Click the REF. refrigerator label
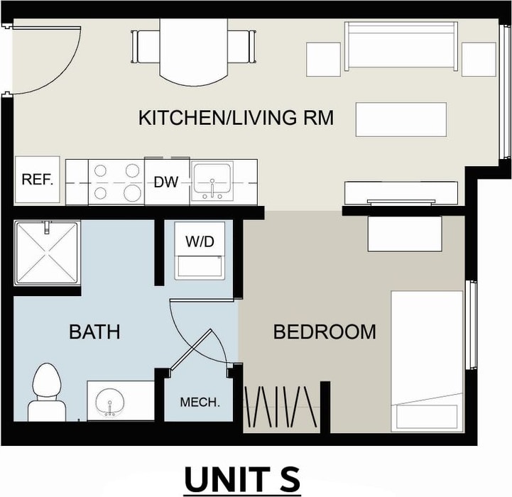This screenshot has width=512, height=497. pyautogui.click(x=37, y=179)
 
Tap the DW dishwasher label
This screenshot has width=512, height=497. pyautogui.click(x=166, y=182)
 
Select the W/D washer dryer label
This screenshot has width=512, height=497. pyautogui.click(x=200, y=241)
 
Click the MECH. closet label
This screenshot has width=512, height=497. pyautogui.click(x=200, y=402)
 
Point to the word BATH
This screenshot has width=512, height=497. pyautogui.click(x=94, y=332)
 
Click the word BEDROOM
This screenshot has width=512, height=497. pyautogui.click(x=325, y=332)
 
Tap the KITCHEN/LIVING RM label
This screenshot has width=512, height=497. pyautogui.click(x=236, y=118)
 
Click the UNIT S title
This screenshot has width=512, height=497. pyautogui.click(x=242, y=479)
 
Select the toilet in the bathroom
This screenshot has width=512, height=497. pyautogui.click(x=47, y=392)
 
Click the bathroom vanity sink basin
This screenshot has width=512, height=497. pyautogui.click(x=109, y=403)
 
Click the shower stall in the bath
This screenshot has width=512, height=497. pyautogui.click(x=47, y=253)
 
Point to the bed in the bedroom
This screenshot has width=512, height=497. pyautogui.click(x=427, y=361)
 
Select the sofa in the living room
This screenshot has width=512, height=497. pyautogui.click(x=401, y=46)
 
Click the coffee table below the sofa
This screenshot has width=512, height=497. pyautogui.click(x=401, y=119)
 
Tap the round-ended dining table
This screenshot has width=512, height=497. pyautogui.click(x=193, y=53)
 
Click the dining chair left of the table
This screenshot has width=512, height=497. pyautogui.click(x=146, y=47)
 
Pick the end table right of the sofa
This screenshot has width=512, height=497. pyautogui.click(x=479, y=59)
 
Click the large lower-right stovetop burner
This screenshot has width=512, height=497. pyautogui.click(x=132, y=193)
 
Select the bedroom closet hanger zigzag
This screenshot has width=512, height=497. pyautogui.click(x=280, y=407)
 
